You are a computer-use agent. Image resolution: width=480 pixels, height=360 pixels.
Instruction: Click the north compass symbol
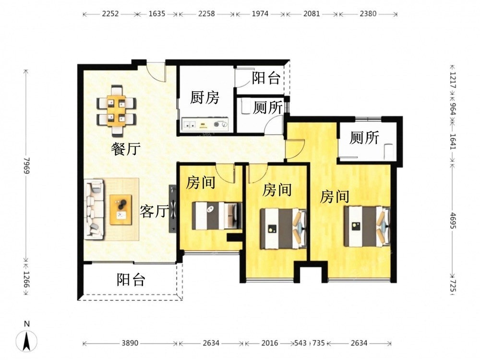27,340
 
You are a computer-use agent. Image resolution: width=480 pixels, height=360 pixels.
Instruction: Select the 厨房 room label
204,97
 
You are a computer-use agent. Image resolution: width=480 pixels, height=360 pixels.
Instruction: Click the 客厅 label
154,211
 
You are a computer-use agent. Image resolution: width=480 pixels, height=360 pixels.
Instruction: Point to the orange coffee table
121,210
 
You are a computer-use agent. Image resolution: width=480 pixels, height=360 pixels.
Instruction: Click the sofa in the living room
94,209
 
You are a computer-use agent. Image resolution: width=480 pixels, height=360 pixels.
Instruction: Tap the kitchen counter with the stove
205,124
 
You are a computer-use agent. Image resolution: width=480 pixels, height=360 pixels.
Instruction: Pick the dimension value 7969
26,166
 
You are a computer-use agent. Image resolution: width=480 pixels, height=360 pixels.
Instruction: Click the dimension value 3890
130,343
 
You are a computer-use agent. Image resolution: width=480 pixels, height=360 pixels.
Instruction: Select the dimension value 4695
454,220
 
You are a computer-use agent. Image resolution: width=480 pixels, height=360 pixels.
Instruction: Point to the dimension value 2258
206,14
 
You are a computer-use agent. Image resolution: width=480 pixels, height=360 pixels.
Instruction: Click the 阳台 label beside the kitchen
266,78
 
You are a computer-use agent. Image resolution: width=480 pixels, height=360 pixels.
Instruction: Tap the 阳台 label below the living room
131,279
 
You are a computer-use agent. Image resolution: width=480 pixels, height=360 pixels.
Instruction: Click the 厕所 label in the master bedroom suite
364,137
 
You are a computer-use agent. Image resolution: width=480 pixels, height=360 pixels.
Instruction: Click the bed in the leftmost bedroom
217,216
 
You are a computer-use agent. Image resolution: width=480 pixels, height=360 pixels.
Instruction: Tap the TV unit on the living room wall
173,209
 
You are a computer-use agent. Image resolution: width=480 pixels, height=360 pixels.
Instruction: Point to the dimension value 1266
26,279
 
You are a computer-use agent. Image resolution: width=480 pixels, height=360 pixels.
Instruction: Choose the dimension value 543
300,343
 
